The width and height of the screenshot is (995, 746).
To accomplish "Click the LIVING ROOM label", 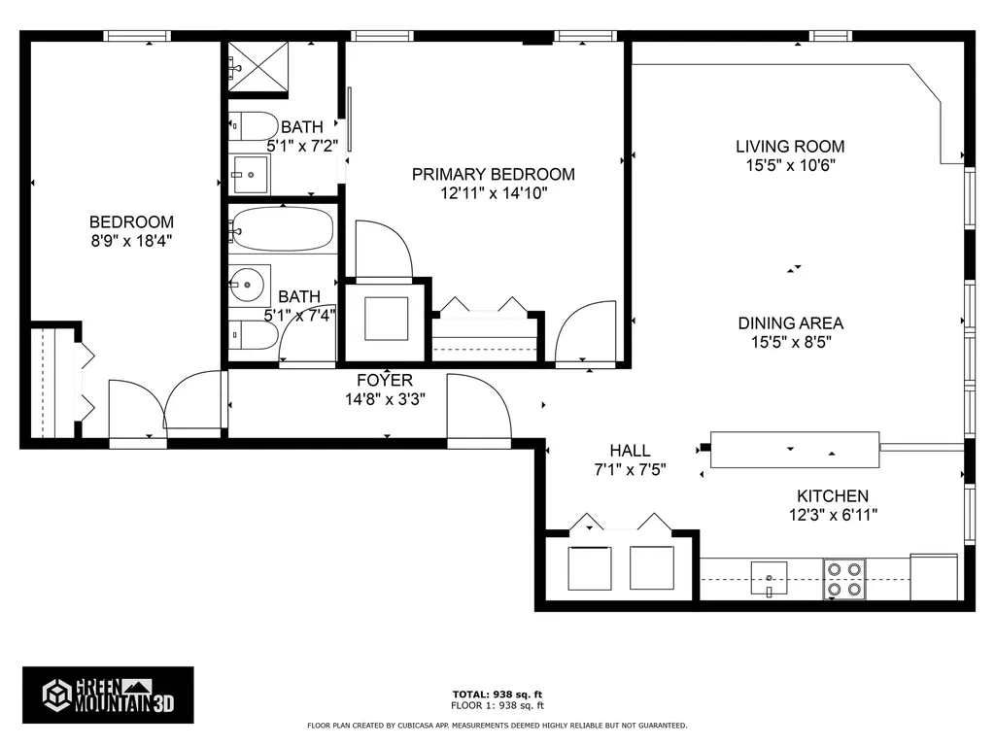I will pos(789,147).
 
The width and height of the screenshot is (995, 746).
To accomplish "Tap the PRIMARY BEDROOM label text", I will pos(493,175).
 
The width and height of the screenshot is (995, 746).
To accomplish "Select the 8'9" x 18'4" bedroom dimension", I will pos(131,240).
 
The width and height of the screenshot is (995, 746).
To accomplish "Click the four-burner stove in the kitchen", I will pos(843,578).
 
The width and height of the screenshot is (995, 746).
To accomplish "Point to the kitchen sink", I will pos(770,578).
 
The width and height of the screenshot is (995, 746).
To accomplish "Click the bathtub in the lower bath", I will pos(283,229).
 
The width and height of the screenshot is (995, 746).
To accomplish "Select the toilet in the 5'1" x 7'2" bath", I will pos(251,126).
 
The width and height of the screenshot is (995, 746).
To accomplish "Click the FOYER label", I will pos(384,381).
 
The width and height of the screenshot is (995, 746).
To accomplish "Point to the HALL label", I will pos(630,451).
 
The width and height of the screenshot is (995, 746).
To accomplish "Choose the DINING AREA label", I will pos(789,323).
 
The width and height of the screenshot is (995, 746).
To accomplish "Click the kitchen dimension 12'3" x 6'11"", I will pos(833,515).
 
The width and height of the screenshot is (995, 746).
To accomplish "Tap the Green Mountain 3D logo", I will pos(108,695).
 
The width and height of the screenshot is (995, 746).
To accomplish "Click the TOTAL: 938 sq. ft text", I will pos(497,695).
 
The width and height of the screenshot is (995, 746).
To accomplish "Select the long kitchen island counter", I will pos(795,449).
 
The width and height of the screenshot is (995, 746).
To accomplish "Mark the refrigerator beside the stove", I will pos(933,577).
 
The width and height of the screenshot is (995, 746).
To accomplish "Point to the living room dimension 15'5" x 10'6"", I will pos(789,165).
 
